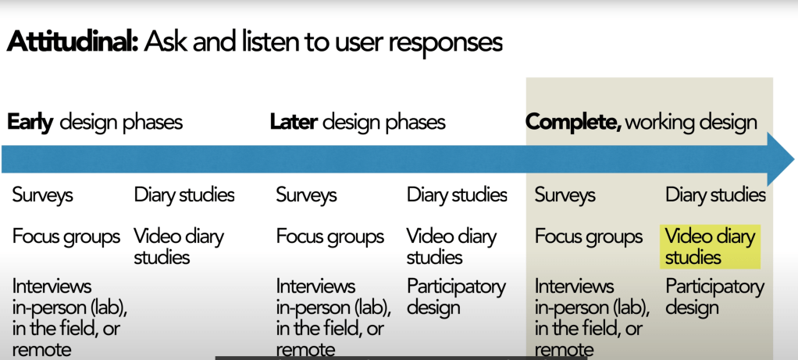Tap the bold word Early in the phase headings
pos(30,122)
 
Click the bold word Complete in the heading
pos(572,122)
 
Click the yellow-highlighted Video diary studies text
pos(711,246)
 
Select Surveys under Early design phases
pos(43,194)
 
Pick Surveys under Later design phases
pos(306,194)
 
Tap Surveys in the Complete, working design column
pos(565,194)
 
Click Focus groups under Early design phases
pos(66,236)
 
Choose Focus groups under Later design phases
pos(330,236)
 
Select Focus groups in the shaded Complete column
pos(589,236)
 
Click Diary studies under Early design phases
pos(184,194)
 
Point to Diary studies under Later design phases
pos(457,194)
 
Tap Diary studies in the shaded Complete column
pos(715,194)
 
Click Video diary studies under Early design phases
pos(179,246)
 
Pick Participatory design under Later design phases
pos(456,297)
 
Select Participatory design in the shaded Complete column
pos(714,297)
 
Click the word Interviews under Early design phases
pos(52,286)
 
